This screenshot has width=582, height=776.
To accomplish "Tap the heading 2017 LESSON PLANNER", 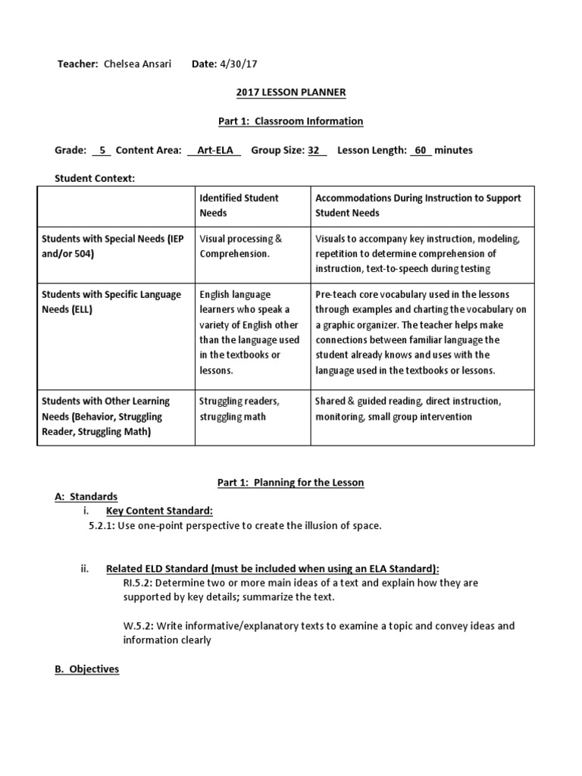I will click(286, 92).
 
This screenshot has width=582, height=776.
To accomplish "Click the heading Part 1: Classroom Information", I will click(286, 120).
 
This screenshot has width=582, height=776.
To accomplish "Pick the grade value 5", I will click(102, 150).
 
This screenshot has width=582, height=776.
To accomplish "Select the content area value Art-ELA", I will click(214, 150).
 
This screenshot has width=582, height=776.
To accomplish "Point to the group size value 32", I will click(314, 150).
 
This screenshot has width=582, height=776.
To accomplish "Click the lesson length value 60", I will click(421, 150).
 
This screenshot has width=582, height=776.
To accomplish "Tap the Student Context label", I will click(95, 178).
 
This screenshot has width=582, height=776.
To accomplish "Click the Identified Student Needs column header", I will click(239, 205).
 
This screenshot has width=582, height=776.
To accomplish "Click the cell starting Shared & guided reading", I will click(408, 408).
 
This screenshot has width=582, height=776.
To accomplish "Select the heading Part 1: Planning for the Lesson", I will click(286, 483).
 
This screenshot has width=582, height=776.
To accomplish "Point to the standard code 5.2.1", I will click(101, 526).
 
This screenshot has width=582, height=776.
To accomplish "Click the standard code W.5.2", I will click(137, 626).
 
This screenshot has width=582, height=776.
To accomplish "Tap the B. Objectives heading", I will click(86, 669).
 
